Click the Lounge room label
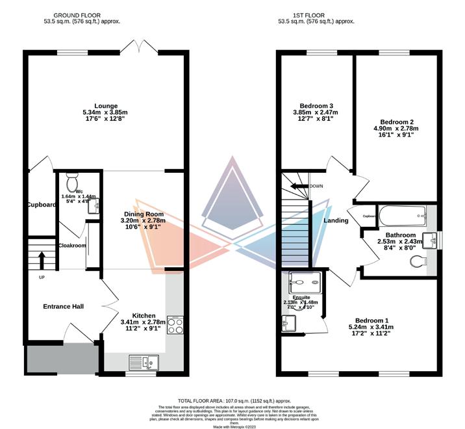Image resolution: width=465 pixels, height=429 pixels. pyautogui.click(x=105, y=106)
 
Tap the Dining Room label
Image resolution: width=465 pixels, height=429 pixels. pyautogui.click(x=143, y=214)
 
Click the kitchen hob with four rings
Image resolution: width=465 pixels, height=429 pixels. pyautogui.click(x=175, y=324)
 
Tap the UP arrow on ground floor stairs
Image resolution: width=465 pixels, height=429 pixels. pyautogui.click(x=41, y=260)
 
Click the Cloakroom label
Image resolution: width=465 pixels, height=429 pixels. pyautogui.click(x=71, y=246)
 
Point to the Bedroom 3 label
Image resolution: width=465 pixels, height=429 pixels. pyautogui.click(x=316, y=106)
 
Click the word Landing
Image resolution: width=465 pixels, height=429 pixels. pyautogui.click(x=335, y=220)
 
